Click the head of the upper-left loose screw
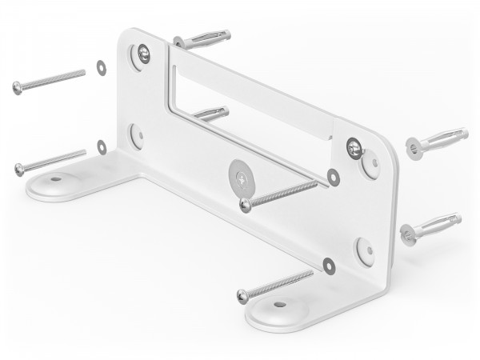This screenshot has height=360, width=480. [x=18, y=88]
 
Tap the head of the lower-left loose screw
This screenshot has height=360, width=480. [x=20, y=169]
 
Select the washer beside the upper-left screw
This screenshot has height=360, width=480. [x=102, y=68]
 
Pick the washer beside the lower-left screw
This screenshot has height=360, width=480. [x=102, y=146]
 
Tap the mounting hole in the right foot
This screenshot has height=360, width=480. [x=278, y=305]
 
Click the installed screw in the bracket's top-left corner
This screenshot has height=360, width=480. [x=142, y=54]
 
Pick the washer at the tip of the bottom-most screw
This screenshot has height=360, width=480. [x=329, y=263]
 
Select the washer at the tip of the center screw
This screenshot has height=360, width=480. [x=334, y=178]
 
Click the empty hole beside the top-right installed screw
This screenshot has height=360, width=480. [x=371, y=162]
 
